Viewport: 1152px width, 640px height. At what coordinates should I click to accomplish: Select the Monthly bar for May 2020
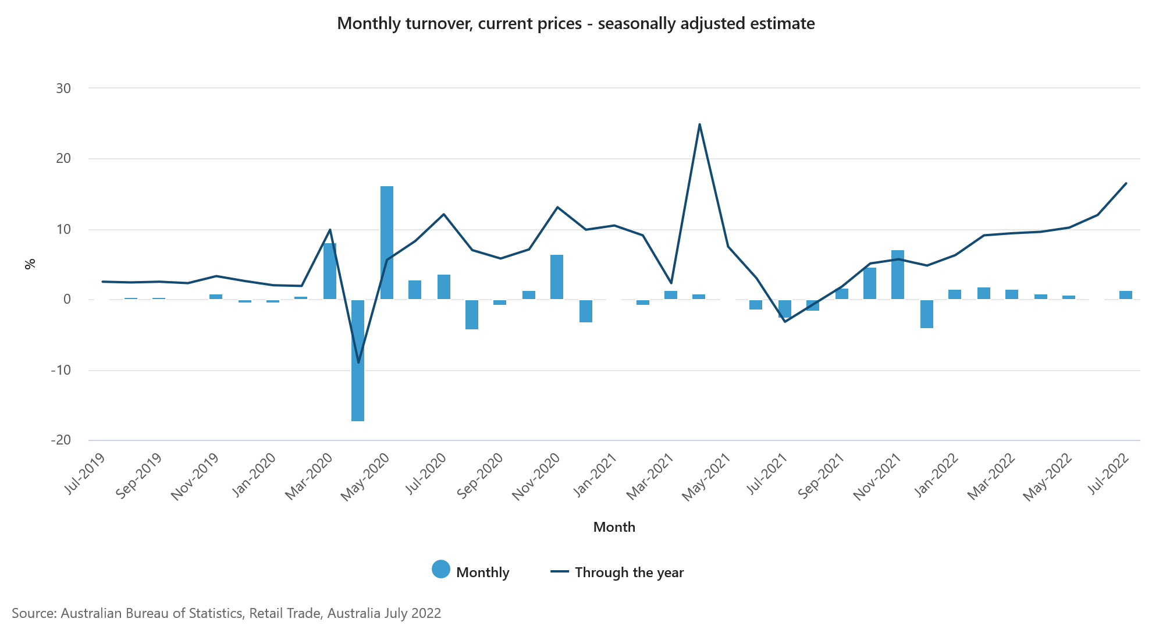[x=387, y=243]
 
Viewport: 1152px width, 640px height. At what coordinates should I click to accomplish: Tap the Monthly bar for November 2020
[x=557, y=277]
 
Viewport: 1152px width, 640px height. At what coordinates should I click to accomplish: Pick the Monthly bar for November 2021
[x=898, y=275]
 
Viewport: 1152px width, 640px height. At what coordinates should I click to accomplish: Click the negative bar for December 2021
[x=927, y=314]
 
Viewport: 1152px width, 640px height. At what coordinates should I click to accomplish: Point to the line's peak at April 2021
[x=699, y=125]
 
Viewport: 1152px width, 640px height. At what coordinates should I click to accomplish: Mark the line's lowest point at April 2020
[x=358, y=362]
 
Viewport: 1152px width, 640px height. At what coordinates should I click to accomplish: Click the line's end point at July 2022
[x=1126, y=183]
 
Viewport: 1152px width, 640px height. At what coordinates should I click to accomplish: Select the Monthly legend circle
[x=441, y=570]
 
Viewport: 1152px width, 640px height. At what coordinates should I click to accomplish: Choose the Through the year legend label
[x=629, y=573]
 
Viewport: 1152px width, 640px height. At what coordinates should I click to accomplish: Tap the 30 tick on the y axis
[x=63, y=88]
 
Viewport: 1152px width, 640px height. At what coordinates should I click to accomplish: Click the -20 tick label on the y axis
[x=61, y=440]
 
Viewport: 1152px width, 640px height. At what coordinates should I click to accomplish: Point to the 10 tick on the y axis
[x=63, y=229]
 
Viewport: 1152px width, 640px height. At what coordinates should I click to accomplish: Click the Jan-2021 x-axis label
[x=595, y=475]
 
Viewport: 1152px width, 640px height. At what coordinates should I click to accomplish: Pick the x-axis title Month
[x=614, y=527]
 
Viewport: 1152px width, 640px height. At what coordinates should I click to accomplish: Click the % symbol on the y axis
[x=30, y=264]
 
